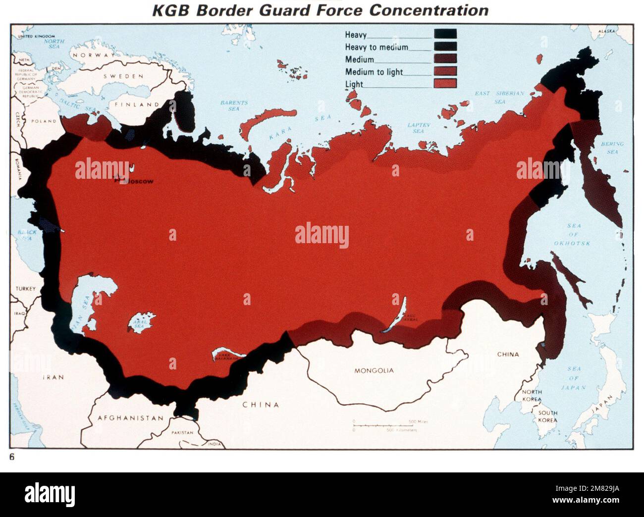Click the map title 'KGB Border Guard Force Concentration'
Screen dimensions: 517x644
320,10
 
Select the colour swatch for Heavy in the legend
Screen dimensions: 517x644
445,34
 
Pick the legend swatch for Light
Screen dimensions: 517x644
445,83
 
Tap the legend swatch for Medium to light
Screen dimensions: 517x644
445,71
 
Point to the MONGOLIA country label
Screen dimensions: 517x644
374,370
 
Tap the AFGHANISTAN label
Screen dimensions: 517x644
130,418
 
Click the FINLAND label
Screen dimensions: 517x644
137,104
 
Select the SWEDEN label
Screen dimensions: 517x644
123,76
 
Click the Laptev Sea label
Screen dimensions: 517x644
418,128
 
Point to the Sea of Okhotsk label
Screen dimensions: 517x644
574,235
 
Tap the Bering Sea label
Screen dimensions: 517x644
612,148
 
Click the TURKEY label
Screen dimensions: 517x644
26,288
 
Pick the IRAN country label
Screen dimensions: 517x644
53,377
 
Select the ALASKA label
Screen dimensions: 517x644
606,31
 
